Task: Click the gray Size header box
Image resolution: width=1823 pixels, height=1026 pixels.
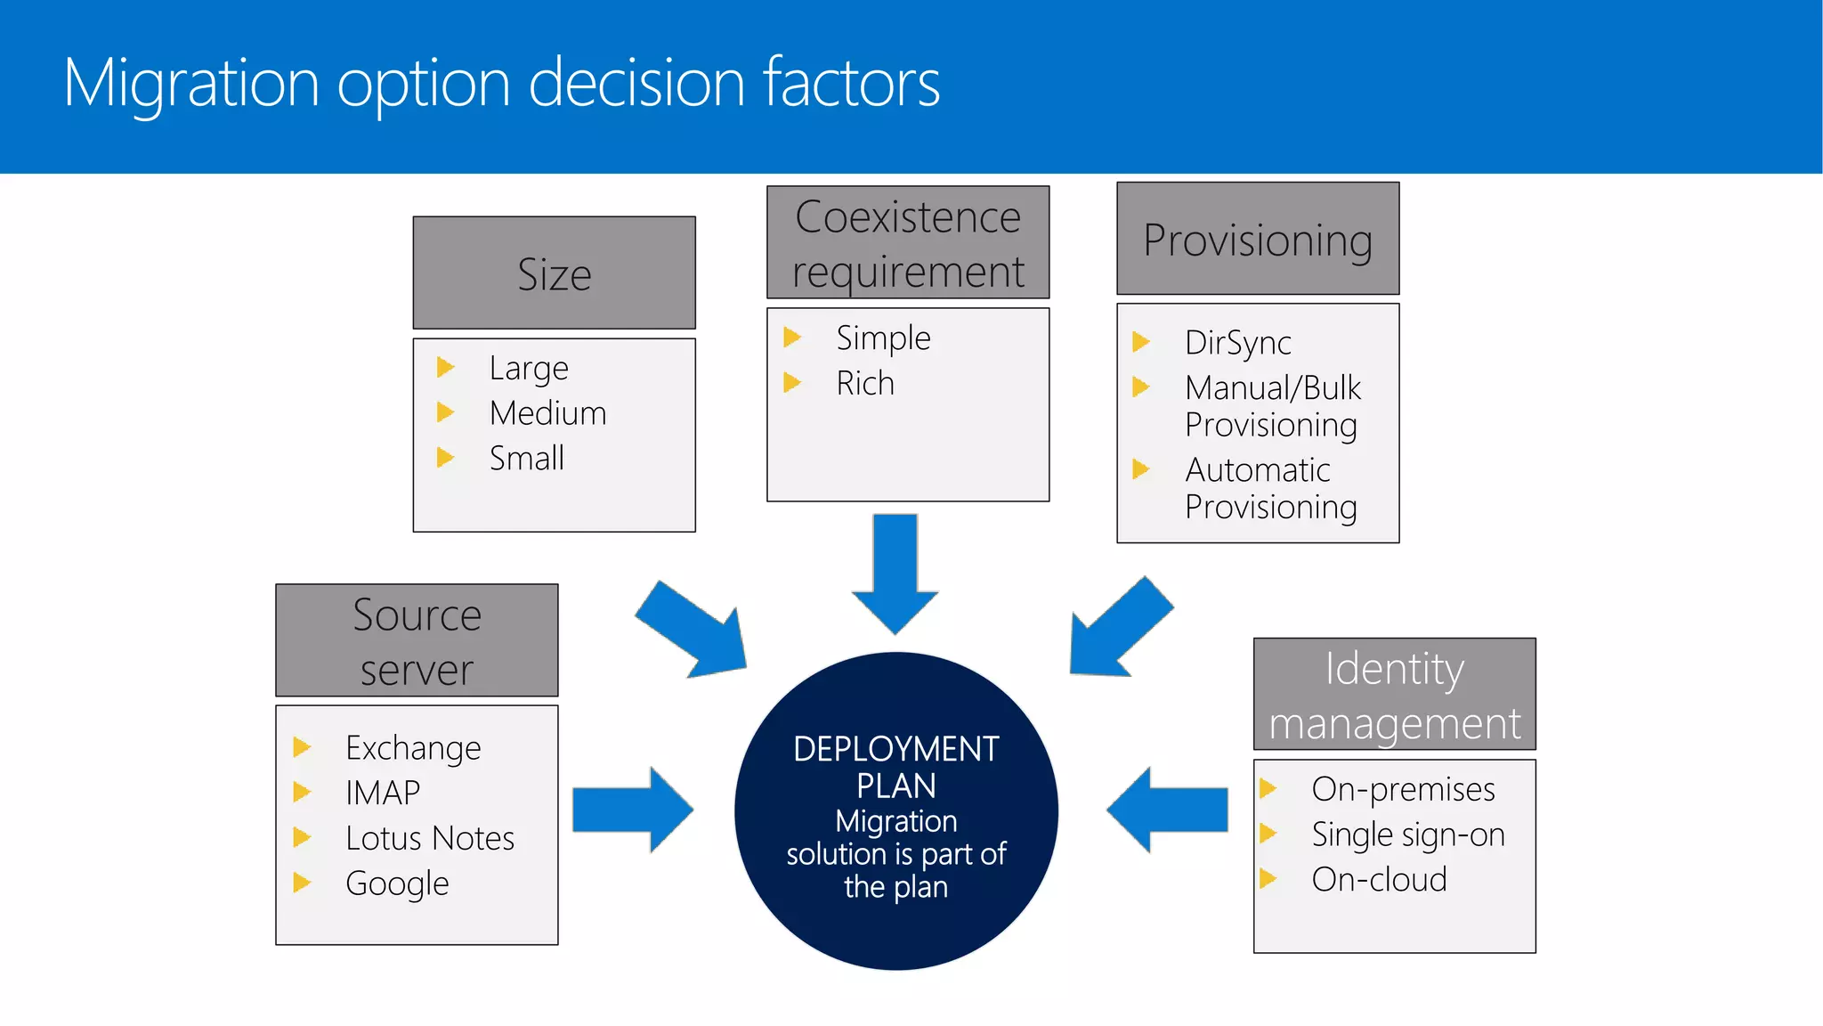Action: pyautogui.click(x=554, y=273)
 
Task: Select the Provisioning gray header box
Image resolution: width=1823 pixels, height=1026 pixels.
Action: pyautogui.click(x=1257, y=239)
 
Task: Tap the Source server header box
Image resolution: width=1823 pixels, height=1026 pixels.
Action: pyautogui.click(x=417, y=640)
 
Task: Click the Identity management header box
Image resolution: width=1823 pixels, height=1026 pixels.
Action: pyautogui.click(x=1394, y=694)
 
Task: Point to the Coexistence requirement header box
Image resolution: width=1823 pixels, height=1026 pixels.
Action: pyautogui.click(x=907, y=242)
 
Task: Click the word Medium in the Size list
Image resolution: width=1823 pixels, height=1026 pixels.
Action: pyautogui.click(x=547, y=413)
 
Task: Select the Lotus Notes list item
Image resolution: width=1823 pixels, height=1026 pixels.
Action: pyautogui.click(x=429, y=838)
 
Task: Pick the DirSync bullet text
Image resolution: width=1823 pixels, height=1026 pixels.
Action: pyautogui.click(x=1237, y=343)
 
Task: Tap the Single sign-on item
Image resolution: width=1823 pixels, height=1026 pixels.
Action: pyautogui.click(x=1407, y=835)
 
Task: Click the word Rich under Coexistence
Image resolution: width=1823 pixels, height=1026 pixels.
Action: pyautogui.click(x=864, y=383)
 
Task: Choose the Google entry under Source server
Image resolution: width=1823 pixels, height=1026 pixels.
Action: pyautogui.click(x=397, y=883)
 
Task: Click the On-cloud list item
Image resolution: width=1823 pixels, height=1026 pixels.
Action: pyautogui.click(x=1378, y=880)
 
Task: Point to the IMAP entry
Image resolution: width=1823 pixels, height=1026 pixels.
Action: pyautogui.click(x=382, y=793)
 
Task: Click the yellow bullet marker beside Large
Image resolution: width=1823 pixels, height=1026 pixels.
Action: pyautogui.click(x=445, y=367)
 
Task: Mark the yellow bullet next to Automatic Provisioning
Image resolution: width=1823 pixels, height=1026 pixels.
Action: pyautogui.click(x=1140, y=468)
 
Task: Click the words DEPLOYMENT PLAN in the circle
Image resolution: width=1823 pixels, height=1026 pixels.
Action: pyautogui.click(x=895, y=767)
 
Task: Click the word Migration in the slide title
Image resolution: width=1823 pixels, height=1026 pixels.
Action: pyautogui.click(x=190, y=83)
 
